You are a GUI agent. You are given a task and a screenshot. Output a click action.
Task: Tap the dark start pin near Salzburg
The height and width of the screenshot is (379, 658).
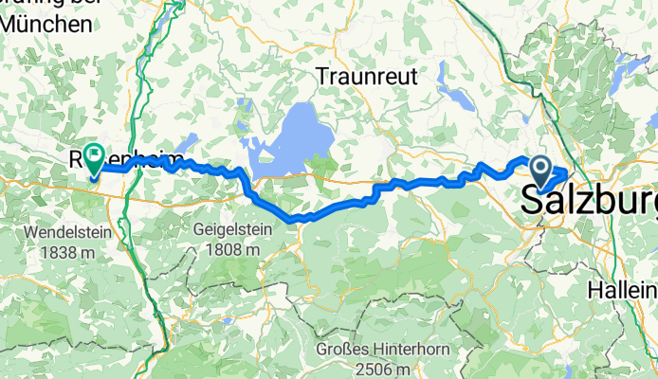(x=541, y=171)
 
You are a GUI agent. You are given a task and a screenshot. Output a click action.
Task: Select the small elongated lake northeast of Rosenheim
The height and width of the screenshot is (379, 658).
(x=181, y=142)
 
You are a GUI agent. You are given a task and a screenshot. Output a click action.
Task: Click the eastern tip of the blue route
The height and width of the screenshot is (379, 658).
(x=567, y=171)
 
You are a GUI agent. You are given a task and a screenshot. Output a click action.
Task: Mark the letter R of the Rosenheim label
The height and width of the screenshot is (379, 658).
(x=75, y=158)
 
